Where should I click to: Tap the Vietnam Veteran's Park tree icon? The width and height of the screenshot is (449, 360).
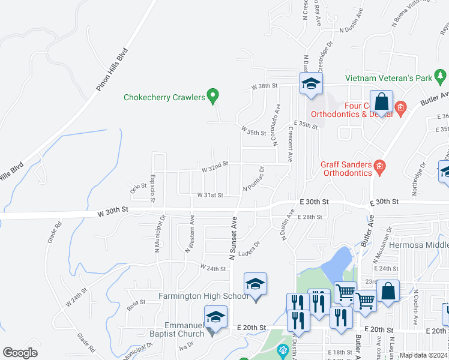click(x=441, y=77)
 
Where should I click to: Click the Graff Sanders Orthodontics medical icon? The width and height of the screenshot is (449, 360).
click(x=379, y=166)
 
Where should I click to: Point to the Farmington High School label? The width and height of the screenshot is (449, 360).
click(x=203, y=296)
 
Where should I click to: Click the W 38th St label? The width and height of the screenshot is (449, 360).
click(x=264, y=86)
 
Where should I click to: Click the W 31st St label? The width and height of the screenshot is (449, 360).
click(x=210, y=195)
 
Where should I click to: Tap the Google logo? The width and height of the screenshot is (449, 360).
click(x=20, y=353)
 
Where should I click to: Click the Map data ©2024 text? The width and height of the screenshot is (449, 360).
click(x=424, y=355)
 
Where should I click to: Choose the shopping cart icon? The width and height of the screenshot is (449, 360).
click(x=345, y=293)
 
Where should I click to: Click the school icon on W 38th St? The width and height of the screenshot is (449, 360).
click(x=312, y=83)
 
